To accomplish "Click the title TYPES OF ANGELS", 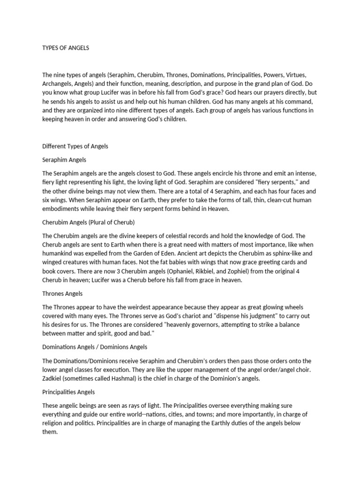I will [x=66, y=48].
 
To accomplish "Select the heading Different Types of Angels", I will [x=75, y=146].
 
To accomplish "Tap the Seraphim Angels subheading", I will [x=64, y=160].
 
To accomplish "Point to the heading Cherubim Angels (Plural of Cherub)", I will [x=89, y=222].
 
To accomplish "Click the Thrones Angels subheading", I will [x=62, y=293].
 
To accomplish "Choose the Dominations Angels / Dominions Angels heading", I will [x=95, y=347].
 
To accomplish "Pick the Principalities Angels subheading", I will [x=69, y=391].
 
